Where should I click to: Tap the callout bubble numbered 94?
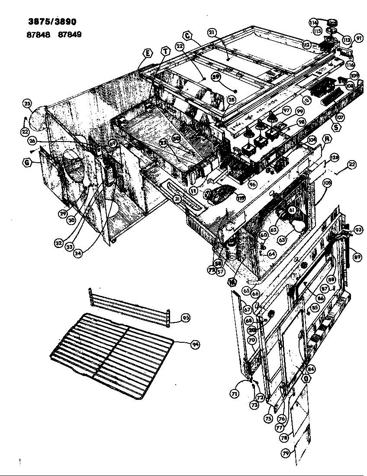[195, 344]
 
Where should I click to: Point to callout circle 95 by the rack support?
[185, 318]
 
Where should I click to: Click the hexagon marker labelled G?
[27, 163]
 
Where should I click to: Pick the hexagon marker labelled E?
[148, 53]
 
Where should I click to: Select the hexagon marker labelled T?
[165, 51]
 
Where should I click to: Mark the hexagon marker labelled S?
[335, 127]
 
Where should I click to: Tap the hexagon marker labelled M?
[232, 282]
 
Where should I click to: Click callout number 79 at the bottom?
[285, 453]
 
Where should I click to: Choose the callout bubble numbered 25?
[27, 103]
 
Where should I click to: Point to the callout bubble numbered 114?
[314, 23]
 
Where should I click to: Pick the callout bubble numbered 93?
[358, 229]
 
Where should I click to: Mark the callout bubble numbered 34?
[77, 254]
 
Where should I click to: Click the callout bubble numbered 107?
[340, 117]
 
